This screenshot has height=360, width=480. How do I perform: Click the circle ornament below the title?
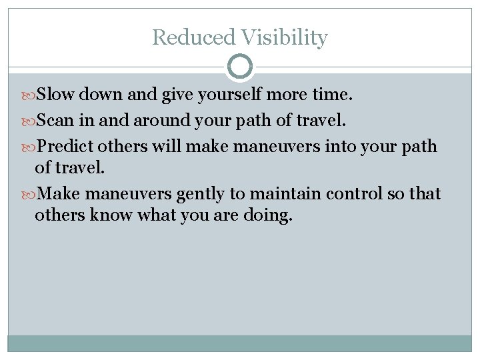[240, 67]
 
